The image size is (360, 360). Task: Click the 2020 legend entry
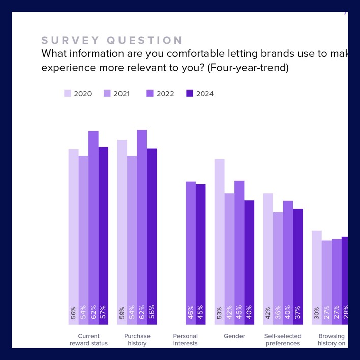(x=78, y=94)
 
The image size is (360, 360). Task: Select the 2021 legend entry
(x=117, y=94)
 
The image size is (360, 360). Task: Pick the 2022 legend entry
(x=160, y=94)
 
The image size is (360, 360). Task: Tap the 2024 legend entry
(x=200, y=94)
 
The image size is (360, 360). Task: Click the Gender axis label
(x=234, y=336)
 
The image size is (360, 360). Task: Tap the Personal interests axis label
(x=185, y=340)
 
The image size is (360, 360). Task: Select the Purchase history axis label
(x=137, y=340)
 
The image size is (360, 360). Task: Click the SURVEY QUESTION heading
(x=112, y=41)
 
